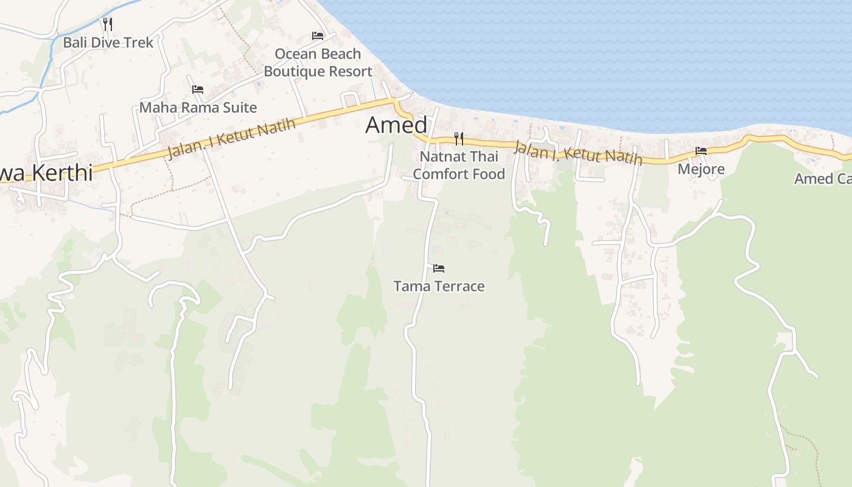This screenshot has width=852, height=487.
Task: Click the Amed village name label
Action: pyautogui.click(x=396, y=125)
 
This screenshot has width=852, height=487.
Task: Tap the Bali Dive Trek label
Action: pyautogui.click(x=108, y=43)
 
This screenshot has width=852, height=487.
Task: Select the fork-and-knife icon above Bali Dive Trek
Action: pyautogui.click(x=108, y=24)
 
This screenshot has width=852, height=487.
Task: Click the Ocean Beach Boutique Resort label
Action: pyautogui.click(x=318, y=63)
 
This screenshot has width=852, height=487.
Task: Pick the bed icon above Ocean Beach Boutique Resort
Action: pyautogui.click(x=318, y=36)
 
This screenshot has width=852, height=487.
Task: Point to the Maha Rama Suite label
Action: pyautogui.click(x=198, y=108)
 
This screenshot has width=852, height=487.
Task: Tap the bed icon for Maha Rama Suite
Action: pyautogui.click(x=198, y=89)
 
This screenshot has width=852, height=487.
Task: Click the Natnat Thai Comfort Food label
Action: pyautogui.click(x=459, y=165)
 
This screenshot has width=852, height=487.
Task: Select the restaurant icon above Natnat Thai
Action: pyautogui.click(x=459, y=139)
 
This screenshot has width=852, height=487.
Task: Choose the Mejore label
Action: pyautogui.click(x=701, y=169)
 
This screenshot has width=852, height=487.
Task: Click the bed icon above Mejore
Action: pyautogui.click(x=701, y=151)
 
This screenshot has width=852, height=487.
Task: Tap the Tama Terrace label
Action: pyautogui.click(x=439, y=286)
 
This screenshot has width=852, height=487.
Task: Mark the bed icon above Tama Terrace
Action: pyautogui.click(x=439, y=268)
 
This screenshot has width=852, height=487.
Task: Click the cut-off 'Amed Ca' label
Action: pyautogui.click(x=822, y=179)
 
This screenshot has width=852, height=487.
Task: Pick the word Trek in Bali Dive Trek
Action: pyautogui.click(x=139, y=43)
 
